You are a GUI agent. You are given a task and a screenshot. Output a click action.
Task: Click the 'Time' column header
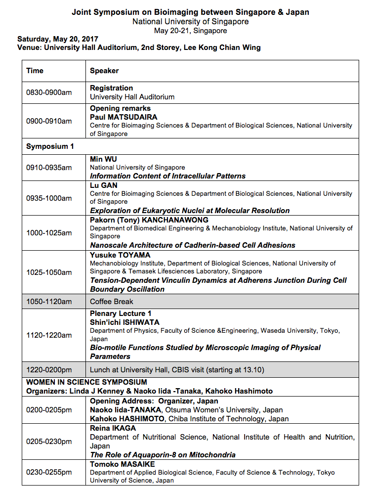[35, 71]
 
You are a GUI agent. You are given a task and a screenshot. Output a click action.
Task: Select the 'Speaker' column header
[104, 71]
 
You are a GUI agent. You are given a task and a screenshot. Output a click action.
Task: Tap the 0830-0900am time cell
[49, 92]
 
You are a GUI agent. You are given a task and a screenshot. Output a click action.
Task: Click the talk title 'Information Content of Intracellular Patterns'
[167, 176]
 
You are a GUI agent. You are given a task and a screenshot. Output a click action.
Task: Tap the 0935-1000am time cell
[49, 198]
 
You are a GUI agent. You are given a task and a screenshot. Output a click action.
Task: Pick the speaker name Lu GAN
[104, 185]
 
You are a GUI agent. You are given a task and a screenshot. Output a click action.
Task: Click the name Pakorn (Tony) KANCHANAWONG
[149, 220]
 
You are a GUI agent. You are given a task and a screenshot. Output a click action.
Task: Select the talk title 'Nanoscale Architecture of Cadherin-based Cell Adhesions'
[193, 245]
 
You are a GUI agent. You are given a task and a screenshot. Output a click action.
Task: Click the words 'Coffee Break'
[112, 301]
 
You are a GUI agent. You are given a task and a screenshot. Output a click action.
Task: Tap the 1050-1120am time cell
[49, 301]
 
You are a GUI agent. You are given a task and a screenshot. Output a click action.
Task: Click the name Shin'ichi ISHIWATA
[124, 322]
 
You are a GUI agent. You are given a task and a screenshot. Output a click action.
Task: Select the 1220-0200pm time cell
[49, 369]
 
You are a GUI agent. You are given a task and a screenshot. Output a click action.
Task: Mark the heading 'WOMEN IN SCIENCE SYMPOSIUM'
[86, 382]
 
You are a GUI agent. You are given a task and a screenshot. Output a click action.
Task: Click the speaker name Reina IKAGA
[113, 428]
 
